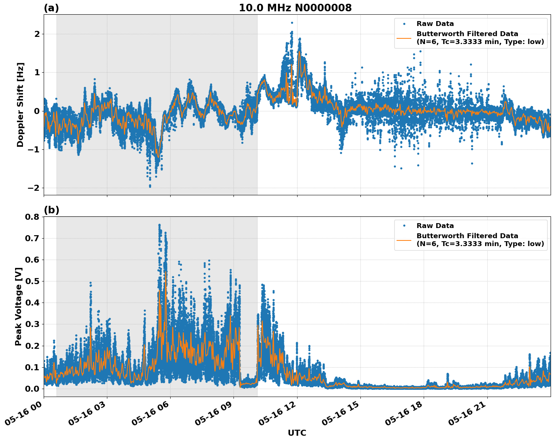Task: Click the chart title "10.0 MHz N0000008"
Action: (x=295, y=8)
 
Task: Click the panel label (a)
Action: (x=51, y=8)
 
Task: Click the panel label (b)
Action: (x=51, y=210)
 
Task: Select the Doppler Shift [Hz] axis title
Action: (x=20, y=105)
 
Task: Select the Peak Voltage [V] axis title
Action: (x=18, y=306)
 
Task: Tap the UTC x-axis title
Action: (x=297, y=433)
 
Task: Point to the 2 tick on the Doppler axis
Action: (x=37, y=34)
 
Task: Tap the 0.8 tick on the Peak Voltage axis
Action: (x=32, y=217)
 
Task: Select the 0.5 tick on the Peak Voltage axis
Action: (x=32, y=281)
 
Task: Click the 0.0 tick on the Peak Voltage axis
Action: (x=32, y=389)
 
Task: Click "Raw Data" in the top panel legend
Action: (x=435, y=24)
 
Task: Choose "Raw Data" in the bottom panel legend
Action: (x=435, y=226)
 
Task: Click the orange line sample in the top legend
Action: (x=404, y=38)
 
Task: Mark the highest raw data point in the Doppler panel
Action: (x=292, y=23)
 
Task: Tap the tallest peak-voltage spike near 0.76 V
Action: (x=159, y=225)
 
